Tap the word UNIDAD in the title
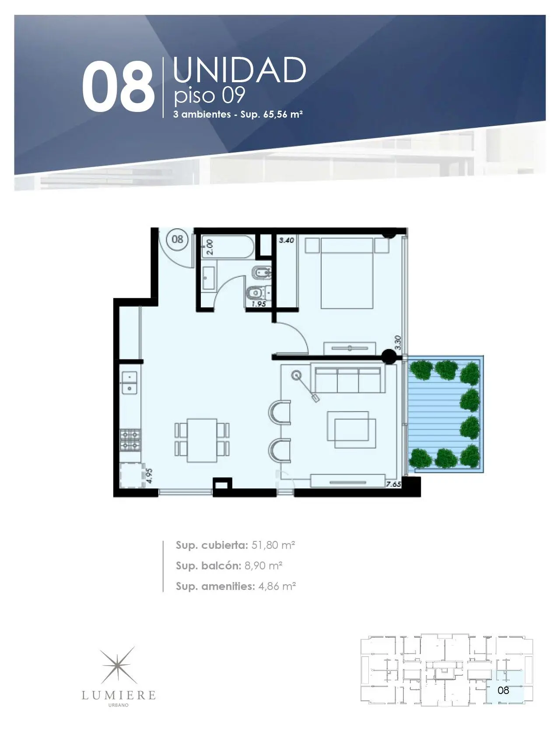pyautogui.click(x=239, y=70)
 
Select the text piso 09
pyautogui.click(x=209, y=95)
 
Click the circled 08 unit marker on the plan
pyautogui.click(x=178, y=239)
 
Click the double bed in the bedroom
pyautogui.click(x=347, y=273)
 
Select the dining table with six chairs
pyautogui.click(x=202, y=440)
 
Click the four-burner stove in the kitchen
pyautogui.click(x=130, y=440)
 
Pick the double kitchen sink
pyautogui.click(x=129, y=382)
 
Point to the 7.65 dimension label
pyautogui.click(x=393, y=484)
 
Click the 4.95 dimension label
pyautogui.click(x=149, y=475)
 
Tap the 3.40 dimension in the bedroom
pyautogui.click(x=287, y=240)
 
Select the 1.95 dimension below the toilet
pyautogui.click(x=259, y=303)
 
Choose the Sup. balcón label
pyautogui.click(x=208, y=566)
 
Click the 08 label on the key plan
pyautogui.click(x=504, y=690)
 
